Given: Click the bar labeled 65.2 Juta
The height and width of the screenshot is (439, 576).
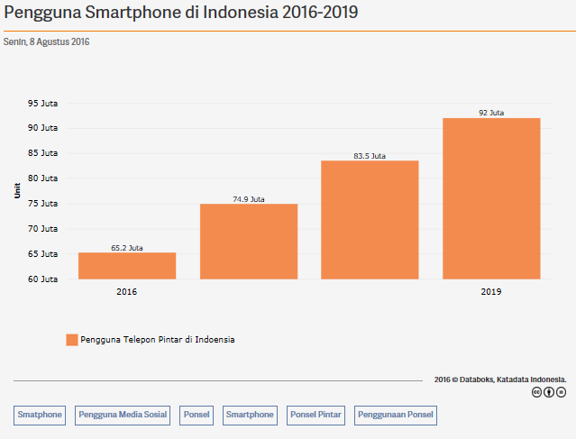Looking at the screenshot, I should pos(127,265).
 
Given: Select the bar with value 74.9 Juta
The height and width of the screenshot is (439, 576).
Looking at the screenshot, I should pos(249,241).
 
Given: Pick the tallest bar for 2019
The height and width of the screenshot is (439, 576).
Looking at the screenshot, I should pos(491,198).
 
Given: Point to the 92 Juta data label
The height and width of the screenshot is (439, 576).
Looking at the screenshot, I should pos(491,113).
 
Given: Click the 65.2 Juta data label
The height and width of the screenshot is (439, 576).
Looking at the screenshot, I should pos(127,247).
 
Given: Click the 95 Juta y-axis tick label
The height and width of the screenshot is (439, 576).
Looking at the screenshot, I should pos(42,103).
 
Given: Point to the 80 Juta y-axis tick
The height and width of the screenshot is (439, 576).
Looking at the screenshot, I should pos(42,178).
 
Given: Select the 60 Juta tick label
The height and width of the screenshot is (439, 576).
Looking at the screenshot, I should pos(42,279).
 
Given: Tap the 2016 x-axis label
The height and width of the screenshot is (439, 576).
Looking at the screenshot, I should pos(127,292).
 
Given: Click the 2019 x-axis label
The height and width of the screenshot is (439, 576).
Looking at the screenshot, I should pos(491,292).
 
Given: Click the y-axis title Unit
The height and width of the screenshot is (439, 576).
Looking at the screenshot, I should pos(17,190).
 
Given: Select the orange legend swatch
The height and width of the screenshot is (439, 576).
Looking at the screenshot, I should pos(71,340).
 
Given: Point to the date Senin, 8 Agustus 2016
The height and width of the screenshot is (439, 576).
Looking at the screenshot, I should pos(46,42).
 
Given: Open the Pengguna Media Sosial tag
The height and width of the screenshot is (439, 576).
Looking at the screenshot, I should pos(123,415).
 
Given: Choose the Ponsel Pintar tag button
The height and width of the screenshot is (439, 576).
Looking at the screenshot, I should pos(315,415).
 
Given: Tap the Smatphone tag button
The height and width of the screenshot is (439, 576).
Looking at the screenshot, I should pos(40,415).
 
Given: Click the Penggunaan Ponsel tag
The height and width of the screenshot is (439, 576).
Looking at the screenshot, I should pos(396,415).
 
